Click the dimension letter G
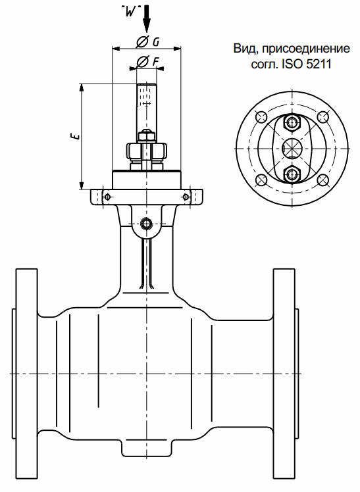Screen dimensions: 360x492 [156, 42]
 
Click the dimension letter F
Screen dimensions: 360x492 [156, 62]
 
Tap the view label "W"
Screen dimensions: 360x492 [129, 12]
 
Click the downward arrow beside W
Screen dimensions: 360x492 [146, 19]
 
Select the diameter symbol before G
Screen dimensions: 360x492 [142, 42]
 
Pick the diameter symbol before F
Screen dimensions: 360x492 [142, 62]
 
